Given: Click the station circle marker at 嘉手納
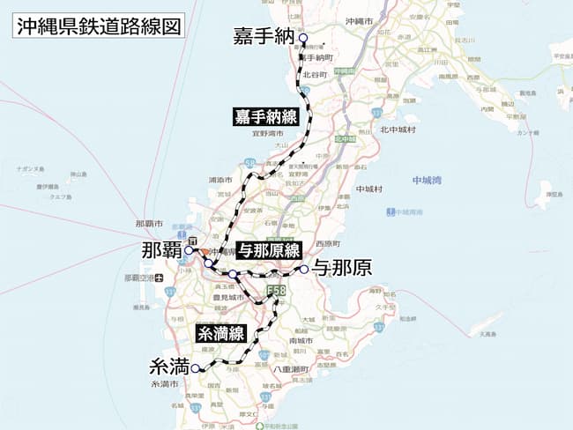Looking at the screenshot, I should [302, 38].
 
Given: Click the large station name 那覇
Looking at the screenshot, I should [160, 250].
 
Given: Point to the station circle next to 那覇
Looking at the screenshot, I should [189, 250].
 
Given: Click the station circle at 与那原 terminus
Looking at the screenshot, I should [302, 270].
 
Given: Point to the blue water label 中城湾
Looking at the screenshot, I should [428, 181].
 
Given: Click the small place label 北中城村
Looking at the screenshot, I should [398, 130].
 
